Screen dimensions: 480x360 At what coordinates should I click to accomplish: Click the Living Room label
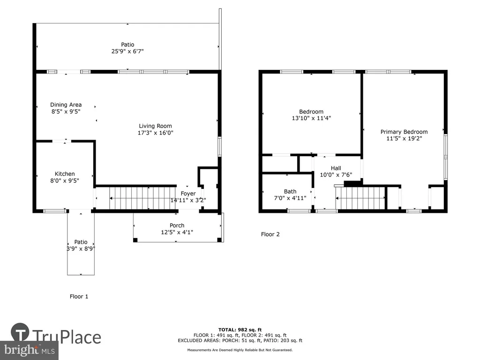155,126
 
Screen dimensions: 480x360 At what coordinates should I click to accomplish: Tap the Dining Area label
66,105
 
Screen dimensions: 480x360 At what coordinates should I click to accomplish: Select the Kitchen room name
65,174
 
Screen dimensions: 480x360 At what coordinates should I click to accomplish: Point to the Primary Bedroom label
404,132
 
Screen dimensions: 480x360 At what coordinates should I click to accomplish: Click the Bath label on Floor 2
290,192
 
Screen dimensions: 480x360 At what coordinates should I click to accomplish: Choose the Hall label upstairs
336,168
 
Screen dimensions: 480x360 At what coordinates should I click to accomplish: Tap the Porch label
177,225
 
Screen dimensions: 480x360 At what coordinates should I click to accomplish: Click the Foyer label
188,194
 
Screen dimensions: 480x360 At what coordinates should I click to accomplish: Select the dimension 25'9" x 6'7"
127,52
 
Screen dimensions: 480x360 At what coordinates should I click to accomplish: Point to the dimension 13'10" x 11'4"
311,118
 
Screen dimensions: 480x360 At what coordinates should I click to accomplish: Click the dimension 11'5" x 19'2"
404,138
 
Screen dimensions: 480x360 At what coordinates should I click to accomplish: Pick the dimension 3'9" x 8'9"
81,248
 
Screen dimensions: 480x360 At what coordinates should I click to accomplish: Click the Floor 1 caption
79,296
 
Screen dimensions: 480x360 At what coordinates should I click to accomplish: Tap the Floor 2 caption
270,234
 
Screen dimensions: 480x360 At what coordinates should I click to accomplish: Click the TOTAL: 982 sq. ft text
240,330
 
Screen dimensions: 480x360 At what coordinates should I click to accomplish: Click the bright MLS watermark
30,350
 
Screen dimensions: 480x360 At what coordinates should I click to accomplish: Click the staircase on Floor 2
360,198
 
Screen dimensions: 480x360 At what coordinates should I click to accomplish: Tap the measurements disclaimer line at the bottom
240,350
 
